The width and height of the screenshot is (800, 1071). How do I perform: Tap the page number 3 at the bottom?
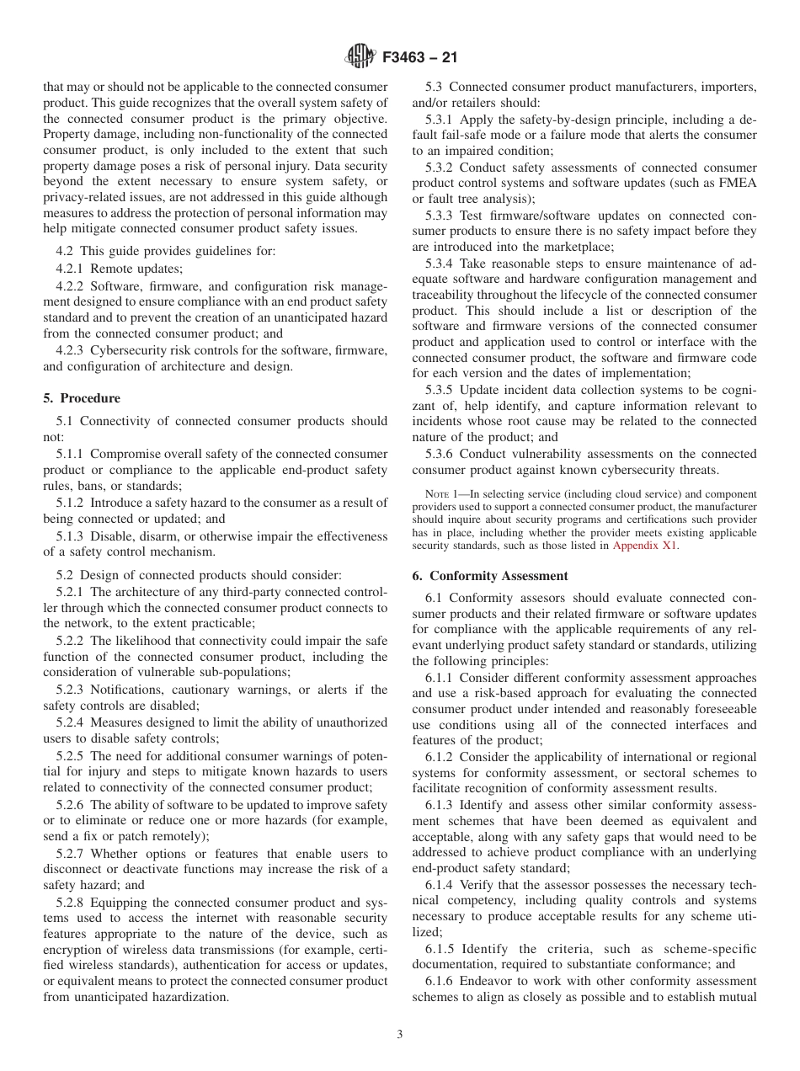tap(400, 1035)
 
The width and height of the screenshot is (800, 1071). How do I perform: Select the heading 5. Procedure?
tap(82, 398)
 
